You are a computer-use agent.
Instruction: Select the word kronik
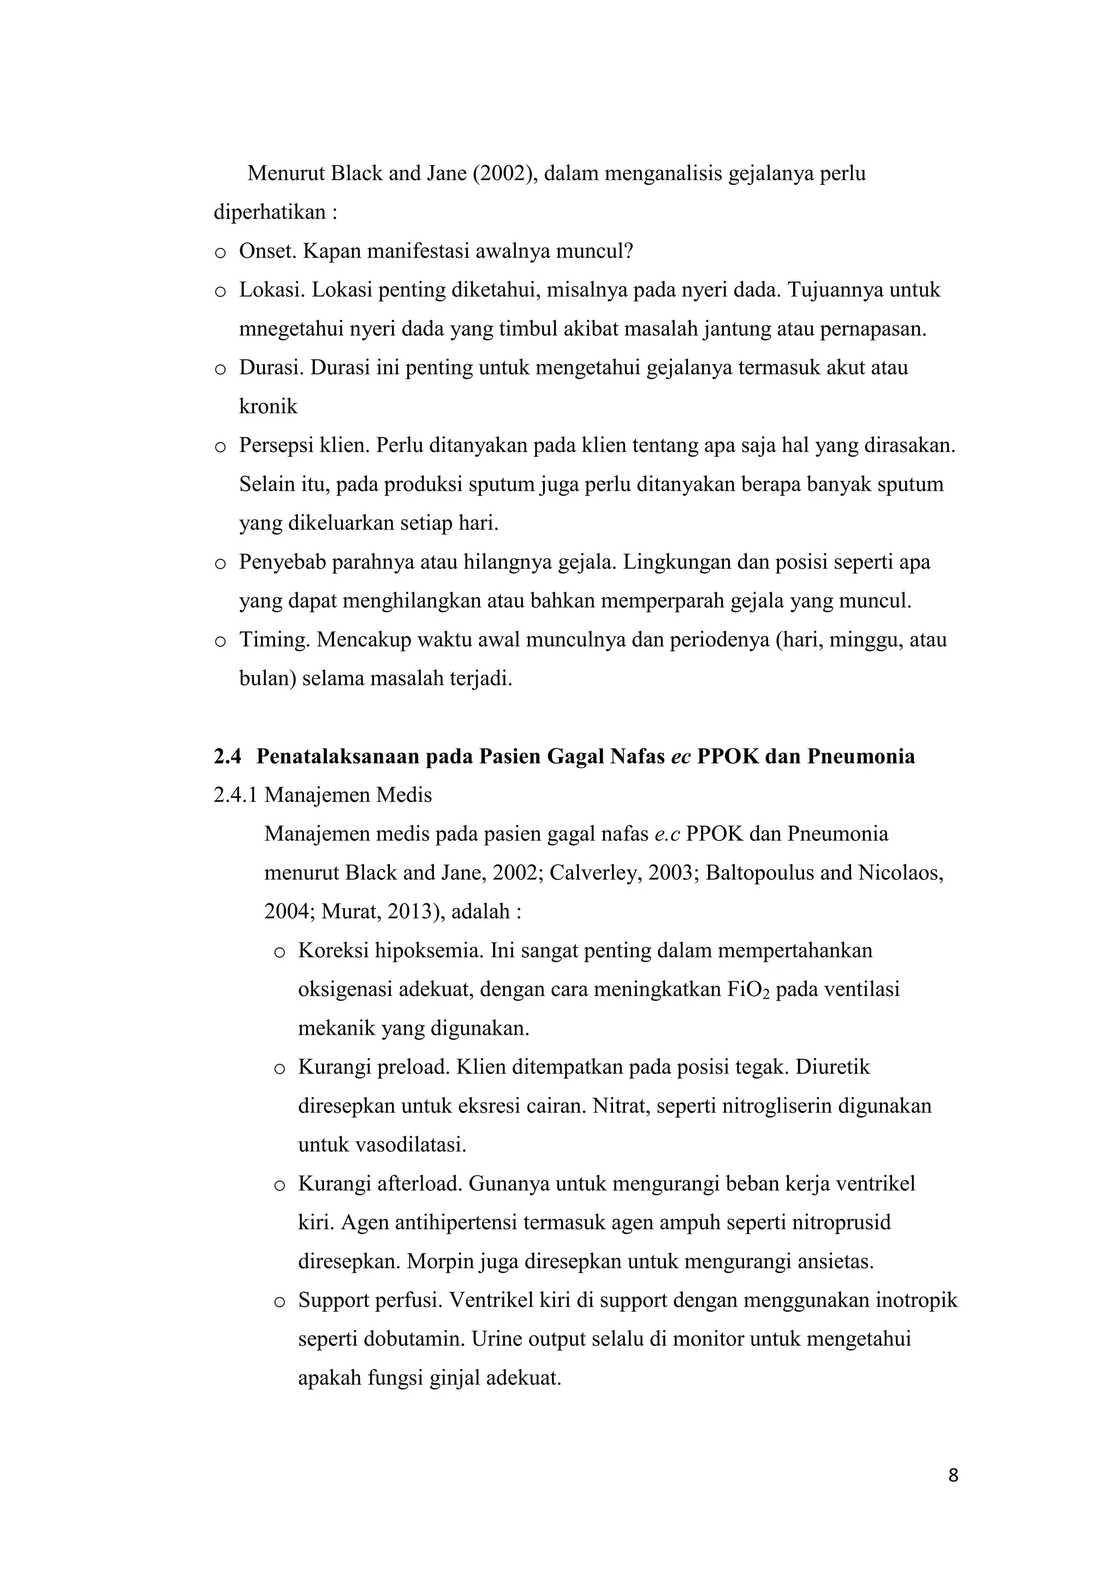click(268, 407)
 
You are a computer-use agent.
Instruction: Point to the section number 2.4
click(228, 757)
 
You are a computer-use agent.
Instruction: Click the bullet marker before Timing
click(221, 641)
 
